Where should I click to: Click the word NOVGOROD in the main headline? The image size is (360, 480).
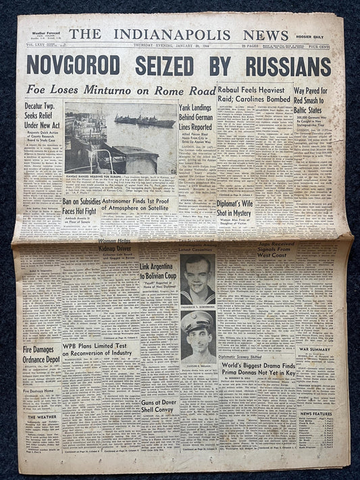click(x=73, y=66)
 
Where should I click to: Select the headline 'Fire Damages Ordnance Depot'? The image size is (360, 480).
click(x=41, y=354)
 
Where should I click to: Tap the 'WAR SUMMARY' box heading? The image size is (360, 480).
click(x=315, y=348)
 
